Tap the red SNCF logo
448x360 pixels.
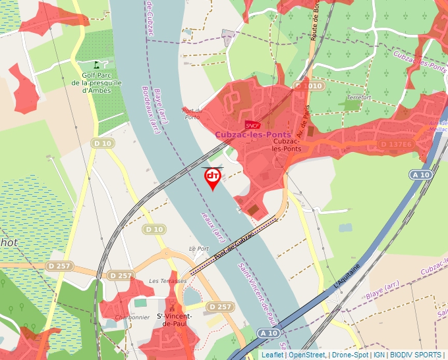tap(252, 124)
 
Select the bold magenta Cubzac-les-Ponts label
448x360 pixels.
tap(252, 135)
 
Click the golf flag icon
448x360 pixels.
tap(97, 65)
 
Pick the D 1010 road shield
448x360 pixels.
tap(308, 86)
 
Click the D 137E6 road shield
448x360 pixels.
tap(397, 144)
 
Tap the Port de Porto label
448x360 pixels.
tap(191, 113)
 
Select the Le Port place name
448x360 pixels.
tap(198, 249)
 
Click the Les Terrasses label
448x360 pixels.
tap(168, 281)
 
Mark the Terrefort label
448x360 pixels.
tap(358, 97)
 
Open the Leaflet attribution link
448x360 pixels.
tap(273, 355)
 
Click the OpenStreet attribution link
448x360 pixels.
tap(307, 355)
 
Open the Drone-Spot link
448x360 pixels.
tap(349, 355)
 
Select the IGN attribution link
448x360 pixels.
tap(379, 355)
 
